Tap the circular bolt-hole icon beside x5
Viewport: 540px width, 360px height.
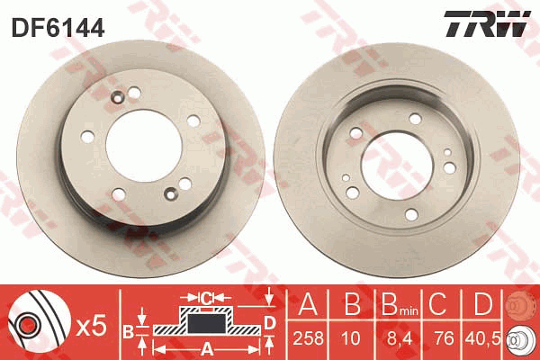[x=29, y=323]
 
